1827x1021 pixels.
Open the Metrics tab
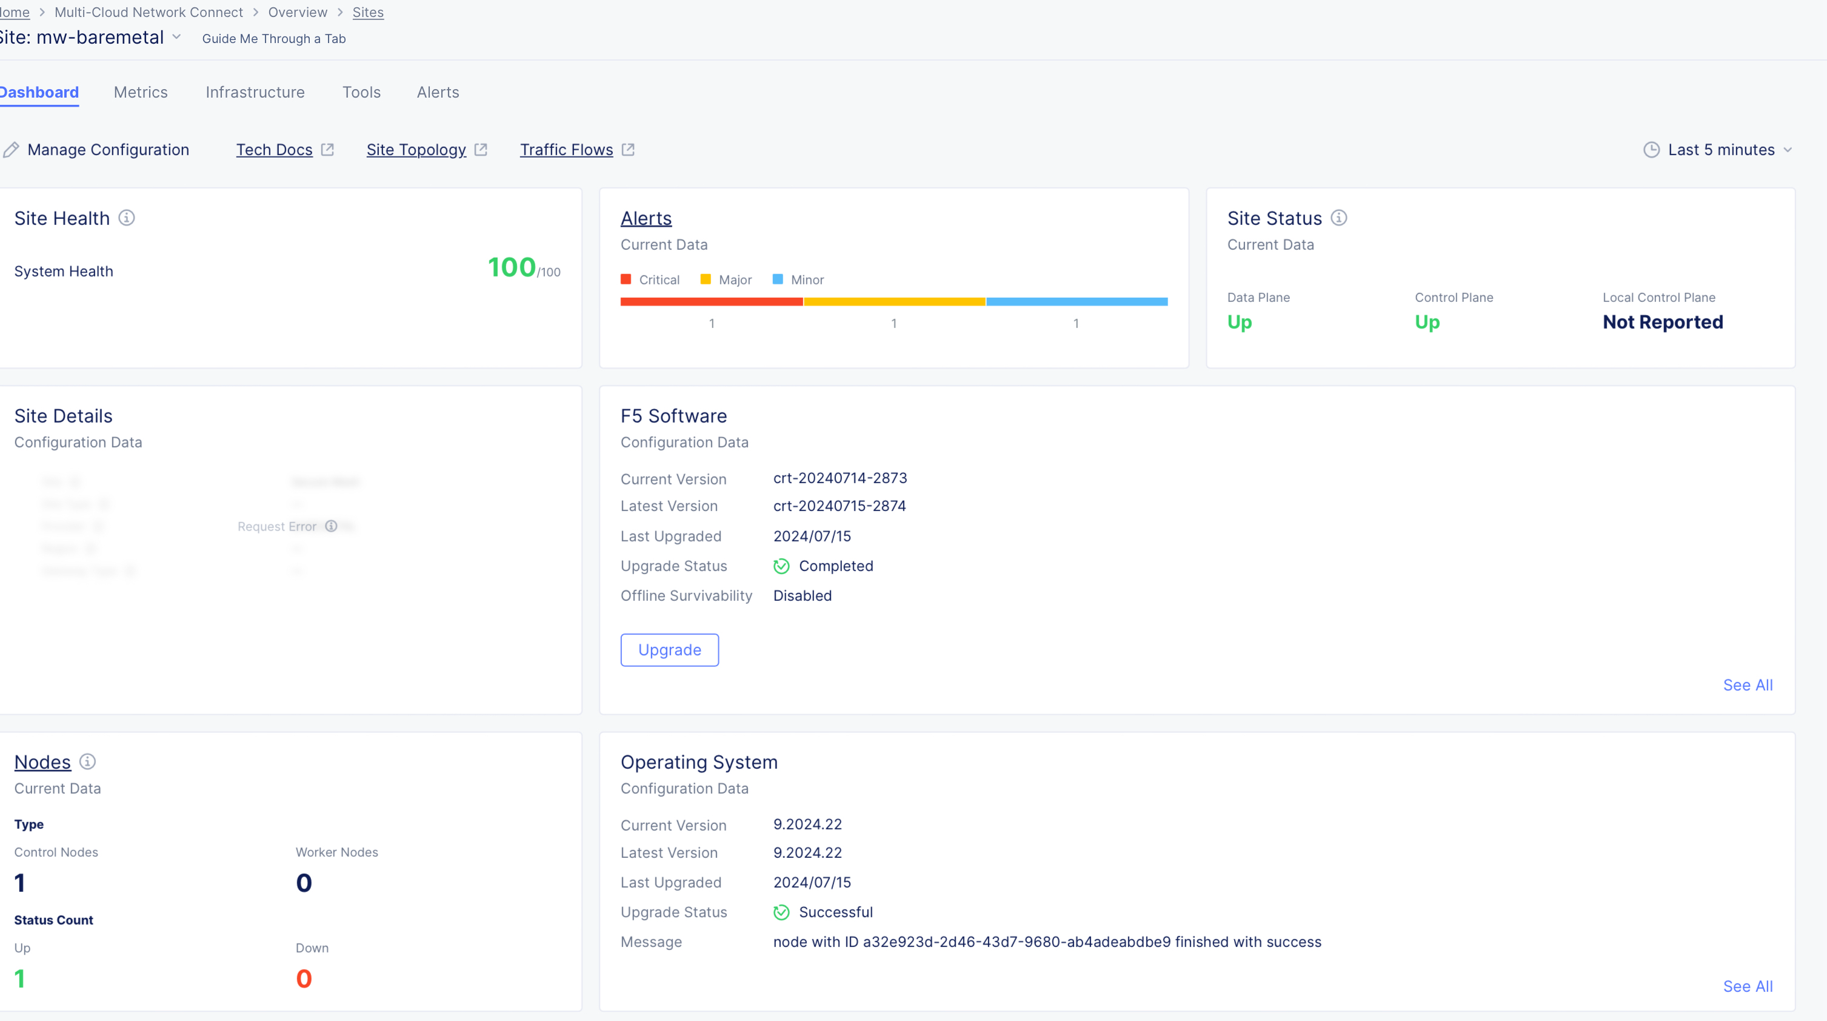141,92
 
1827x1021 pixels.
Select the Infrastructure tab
255,92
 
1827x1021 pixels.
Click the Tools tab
361,92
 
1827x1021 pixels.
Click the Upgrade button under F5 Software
669,650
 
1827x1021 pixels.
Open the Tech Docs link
275,150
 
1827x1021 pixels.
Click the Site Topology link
416,150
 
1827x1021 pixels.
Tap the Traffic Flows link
566,150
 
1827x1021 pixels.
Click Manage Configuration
108,150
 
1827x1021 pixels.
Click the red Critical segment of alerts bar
712,301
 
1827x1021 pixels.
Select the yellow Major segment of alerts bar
893,301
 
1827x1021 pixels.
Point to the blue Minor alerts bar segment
1077,301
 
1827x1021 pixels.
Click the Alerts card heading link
646,218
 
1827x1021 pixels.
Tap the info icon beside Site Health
126,218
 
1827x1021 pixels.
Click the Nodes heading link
42,762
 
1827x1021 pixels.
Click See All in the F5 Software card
1748,685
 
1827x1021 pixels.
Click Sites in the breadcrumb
367,13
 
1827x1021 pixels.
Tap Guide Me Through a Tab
274,39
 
